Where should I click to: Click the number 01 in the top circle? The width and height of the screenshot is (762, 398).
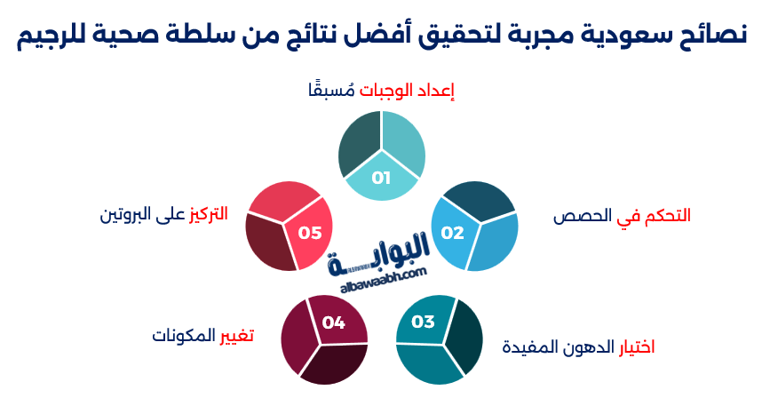pos(381,178)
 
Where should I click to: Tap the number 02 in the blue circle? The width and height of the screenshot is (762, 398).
pos(453,233)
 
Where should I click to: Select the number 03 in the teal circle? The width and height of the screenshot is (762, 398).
pos(423,321)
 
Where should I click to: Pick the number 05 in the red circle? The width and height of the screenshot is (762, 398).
pos(310,233)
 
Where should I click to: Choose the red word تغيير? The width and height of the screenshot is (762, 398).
pos(237,335)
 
